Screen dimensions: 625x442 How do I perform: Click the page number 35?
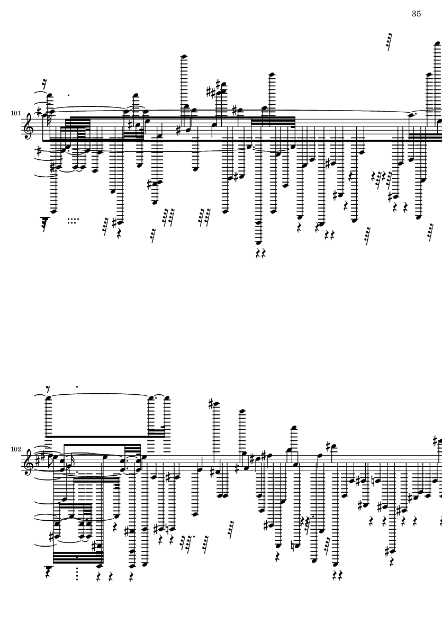[416, 14]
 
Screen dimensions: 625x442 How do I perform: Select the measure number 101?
[15, 113]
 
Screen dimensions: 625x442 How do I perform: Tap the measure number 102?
[15, 449]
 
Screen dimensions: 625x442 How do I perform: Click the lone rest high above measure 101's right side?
[390, 42]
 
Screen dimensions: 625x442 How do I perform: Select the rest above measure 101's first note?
[48, 84]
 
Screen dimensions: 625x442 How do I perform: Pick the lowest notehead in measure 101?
[259, 242]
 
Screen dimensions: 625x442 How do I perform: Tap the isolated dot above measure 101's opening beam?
[69, 96]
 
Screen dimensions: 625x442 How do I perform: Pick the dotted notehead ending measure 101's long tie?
[410, 114]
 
